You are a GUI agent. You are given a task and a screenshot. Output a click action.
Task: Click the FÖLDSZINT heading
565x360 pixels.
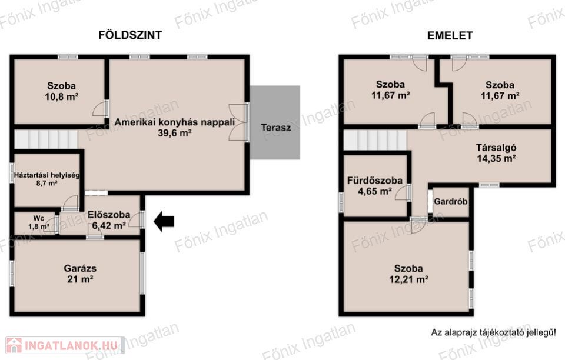pos(130,35)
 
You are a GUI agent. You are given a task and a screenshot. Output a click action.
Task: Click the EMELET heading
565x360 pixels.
pos(450,36)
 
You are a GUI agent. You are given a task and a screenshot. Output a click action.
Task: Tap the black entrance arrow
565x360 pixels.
pos(164,221)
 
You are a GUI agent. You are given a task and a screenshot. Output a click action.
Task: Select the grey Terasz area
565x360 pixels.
pos(275,122)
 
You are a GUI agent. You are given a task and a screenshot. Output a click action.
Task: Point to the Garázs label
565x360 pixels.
pos(80,268)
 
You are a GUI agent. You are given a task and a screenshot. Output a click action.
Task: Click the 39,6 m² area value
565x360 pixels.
pos(174,133)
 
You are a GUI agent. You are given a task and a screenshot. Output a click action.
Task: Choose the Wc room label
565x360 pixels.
pos(39,218)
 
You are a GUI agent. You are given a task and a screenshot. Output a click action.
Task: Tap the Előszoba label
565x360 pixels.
pos(109,215)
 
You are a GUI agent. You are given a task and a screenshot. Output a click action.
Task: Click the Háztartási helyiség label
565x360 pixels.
pos(46,175)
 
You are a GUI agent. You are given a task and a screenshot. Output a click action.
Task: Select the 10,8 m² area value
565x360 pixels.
pos(62,96)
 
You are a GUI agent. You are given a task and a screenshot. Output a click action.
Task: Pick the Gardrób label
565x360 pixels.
pos(450,201)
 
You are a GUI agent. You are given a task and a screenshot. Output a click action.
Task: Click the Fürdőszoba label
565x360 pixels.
pos(375,180)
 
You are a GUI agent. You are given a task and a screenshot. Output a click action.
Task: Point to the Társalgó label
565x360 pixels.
pos(496,148)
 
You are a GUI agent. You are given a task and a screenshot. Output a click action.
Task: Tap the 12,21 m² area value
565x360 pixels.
pos(408,279)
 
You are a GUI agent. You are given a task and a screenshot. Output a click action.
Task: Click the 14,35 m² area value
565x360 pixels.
pos(496,158)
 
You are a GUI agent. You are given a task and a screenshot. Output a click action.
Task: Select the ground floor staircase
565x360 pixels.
pos(46,139)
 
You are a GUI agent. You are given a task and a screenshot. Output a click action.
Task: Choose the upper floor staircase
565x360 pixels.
pos(375,139)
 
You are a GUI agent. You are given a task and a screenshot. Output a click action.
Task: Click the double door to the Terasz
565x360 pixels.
pos(238,122)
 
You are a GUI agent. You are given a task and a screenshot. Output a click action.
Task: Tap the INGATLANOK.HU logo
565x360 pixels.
pos(65,346)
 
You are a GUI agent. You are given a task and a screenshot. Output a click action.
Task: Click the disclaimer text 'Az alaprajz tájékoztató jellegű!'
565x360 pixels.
pos(493,332)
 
